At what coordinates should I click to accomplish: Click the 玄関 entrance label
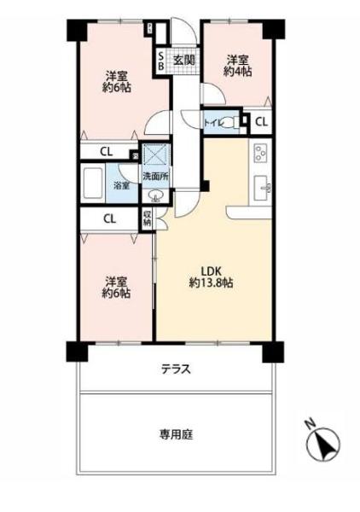(x=183, y=60)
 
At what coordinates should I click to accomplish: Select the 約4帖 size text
(x=238, y=73)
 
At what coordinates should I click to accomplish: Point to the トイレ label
(x=212, y=123)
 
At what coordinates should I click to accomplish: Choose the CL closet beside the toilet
(x=260, y=122)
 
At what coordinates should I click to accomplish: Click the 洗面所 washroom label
(x=155, y=177)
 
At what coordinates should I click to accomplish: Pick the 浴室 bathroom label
(x=123, y=185)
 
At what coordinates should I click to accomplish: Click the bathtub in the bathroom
(x=95, y=183)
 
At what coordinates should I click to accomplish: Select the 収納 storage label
(x=147, y=218)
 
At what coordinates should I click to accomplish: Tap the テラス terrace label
(x=176, y=369)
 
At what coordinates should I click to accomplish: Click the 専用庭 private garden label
(x=176, y=433)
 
